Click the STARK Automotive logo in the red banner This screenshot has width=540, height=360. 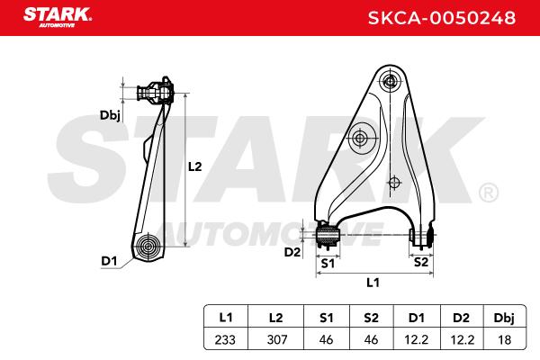pos(58,17)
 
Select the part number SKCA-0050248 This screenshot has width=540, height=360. pos(442,18)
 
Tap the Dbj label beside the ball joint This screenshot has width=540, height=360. pos(110,115)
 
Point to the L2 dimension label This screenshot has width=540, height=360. pos(194,166)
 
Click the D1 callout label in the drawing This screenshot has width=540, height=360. pos(109,261)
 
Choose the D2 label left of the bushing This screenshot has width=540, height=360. pos(292,252)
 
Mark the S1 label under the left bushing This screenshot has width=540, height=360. pos(328,264)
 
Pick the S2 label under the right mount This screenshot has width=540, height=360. pos(421,262)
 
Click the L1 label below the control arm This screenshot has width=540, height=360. pos(373,283)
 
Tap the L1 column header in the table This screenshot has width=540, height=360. pos(226,318)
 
